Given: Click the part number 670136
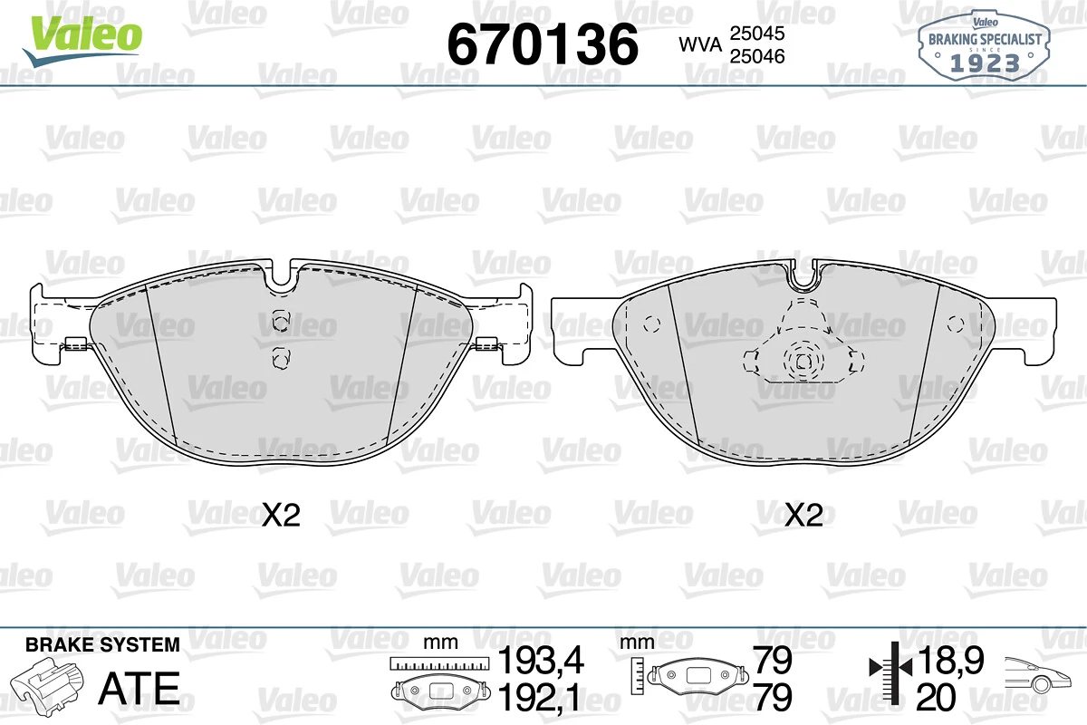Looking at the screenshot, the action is pyautogui.click(x=543, y=44).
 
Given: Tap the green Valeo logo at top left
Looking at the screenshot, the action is pyautogui.click(x=82, y=40).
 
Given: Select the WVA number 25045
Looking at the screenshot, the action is pyautogui.click(x=757, y=34).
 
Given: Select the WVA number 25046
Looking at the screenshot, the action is pyautogui.click(x=757, y=57).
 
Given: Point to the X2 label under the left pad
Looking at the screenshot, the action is pyautogui.click(x=281, y=516).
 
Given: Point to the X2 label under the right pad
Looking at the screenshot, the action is pyautogui.click(x=803, y=516).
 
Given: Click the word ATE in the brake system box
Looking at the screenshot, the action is pyautogui.click(x=139, y=688).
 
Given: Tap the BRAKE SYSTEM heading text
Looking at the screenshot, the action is pyautogui.click(x=102, y=645).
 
